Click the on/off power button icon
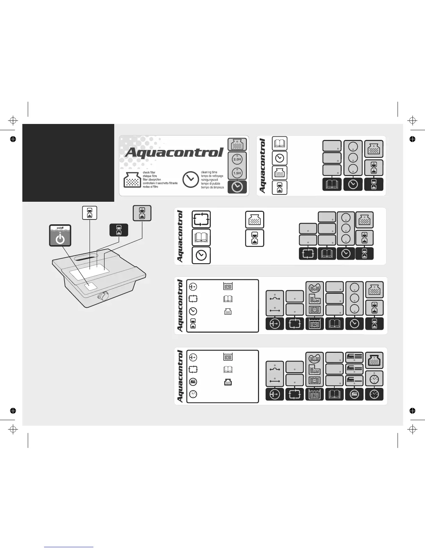point(60,238)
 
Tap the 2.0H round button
point(237,159)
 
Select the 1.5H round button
point(237,173)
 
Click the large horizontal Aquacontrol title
point(174,152)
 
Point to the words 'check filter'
point(149,173)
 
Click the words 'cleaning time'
point(209,172)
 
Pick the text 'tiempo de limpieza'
point(212,187)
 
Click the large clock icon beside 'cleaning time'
point(190,180)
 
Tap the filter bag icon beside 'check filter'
point(132,180)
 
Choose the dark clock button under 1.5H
point(237,187)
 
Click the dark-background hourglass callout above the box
point(119,230)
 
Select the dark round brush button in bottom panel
point(354,394)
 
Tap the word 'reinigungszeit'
point(210,180)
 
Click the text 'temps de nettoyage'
point(212,176)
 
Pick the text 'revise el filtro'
point(150,187)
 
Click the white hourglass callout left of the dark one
point(90,212)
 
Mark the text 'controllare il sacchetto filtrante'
point(160,183)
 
